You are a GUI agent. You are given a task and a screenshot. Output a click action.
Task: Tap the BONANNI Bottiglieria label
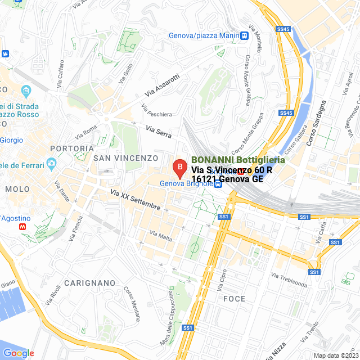pos(238,160)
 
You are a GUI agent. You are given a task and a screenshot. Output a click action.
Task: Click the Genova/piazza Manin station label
pos(204,35)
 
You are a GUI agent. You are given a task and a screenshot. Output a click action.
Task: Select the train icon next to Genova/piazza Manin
pos(244,35)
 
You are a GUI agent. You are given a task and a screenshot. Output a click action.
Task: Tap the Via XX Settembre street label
pos(135,200)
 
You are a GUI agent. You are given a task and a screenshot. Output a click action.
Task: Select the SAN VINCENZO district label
pos(126,158)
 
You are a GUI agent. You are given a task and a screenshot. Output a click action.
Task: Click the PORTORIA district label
pos(71,148)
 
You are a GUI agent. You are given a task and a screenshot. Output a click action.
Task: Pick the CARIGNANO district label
pos(89,282)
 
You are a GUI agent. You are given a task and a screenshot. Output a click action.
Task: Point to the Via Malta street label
pos(161,236)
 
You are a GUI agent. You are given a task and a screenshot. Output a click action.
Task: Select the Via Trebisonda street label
pos(289,280)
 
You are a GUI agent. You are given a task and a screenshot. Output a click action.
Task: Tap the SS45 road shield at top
pos(283,29)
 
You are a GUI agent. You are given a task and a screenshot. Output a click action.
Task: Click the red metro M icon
pos(22,226)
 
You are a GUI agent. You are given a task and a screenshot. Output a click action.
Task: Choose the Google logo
pos(19,353)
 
